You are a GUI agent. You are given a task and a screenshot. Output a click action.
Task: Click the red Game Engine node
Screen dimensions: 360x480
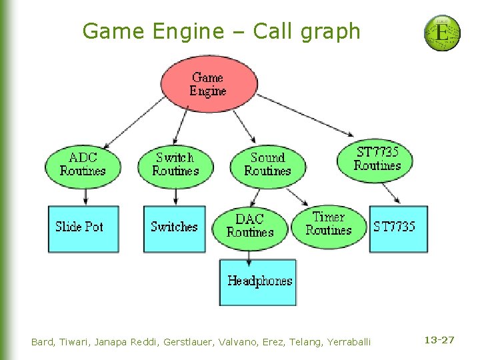coord(209,84)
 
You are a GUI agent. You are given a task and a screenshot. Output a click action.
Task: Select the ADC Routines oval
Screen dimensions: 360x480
coord(83,164)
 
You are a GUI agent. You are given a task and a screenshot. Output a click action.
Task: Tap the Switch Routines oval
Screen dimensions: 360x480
coord(175,164)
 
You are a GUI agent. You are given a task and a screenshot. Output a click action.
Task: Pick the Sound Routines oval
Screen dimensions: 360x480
coord(267,164)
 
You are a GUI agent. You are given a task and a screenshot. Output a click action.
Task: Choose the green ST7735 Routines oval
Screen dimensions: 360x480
coord(377,159)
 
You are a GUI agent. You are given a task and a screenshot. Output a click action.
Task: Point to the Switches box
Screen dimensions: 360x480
coord(175,228)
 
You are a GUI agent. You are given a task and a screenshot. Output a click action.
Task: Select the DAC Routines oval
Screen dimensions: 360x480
coord(250,225)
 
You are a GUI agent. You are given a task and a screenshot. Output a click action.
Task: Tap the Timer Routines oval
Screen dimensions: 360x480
coord(329,223)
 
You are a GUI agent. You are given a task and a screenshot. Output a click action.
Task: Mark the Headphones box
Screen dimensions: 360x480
coord(259,281)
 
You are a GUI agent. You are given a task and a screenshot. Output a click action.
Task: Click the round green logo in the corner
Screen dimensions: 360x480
coord(442,33)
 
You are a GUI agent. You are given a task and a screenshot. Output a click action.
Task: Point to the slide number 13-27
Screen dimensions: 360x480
coord(439,340)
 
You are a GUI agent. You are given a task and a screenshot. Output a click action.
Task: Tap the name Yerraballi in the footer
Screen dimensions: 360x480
coord(349,342)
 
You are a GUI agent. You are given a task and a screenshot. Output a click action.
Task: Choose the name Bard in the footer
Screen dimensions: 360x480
coord(43,342)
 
